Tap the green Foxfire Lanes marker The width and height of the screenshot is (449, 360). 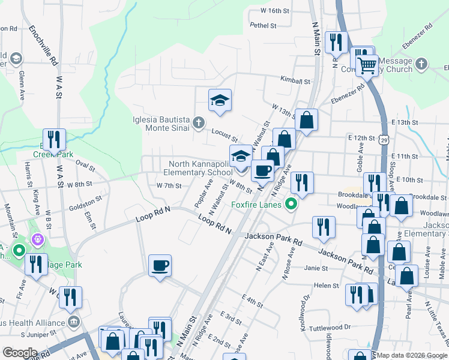coord(292,205)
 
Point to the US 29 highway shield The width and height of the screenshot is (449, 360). coord(384,140)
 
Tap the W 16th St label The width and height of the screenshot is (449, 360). coord(275,11)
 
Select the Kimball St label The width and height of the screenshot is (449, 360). coord(295,80)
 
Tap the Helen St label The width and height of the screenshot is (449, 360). coord(327,286)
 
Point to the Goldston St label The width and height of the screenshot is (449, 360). coord(85,202)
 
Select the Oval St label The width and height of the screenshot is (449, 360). coord(85,164)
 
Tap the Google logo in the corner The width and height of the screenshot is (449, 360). coord(19,352)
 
